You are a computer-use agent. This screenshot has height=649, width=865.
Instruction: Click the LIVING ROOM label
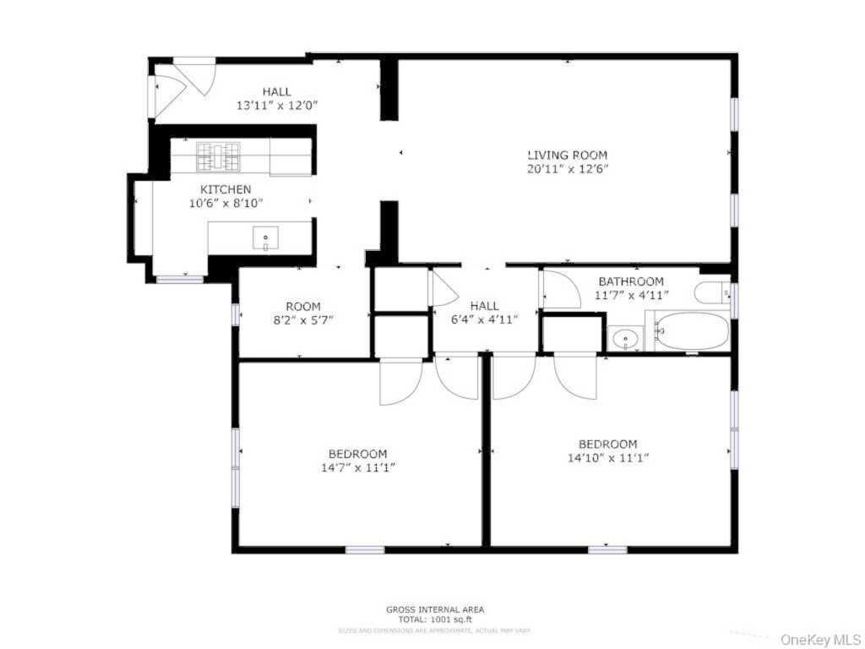coord(567,155)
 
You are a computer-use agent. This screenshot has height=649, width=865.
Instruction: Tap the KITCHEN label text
coord(225,189)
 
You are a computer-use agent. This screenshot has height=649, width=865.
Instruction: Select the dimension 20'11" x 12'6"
coord(567,169)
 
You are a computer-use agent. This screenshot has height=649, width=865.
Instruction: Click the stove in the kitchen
coord(219,156)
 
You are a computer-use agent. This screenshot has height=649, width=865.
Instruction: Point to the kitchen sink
coord(265,240)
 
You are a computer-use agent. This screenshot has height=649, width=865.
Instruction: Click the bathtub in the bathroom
coord(692,331)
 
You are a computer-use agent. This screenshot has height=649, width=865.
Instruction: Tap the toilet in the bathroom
coord(712,293)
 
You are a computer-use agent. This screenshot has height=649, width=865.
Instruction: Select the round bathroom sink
coord(626,340)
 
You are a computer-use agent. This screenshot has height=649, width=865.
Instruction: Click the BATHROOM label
coord(631,281)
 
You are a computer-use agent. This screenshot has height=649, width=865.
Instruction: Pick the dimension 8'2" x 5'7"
coord(302,320)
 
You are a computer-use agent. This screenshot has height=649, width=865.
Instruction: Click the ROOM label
coord(302,307)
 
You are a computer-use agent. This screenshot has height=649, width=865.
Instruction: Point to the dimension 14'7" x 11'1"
coord(358,467)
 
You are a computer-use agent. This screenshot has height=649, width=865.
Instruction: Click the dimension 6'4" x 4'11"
coord(484,319)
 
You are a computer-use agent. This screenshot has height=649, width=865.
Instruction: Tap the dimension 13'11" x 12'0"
coord(276,106)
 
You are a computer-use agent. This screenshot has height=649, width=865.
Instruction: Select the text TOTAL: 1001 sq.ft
coord(435,619)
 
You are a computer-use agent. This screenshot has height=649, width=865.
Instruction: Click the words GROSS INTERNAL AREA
coord(435,609)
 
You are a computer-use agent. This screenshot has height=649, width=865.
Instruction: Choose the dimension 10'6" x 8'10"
coord(225,203)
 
